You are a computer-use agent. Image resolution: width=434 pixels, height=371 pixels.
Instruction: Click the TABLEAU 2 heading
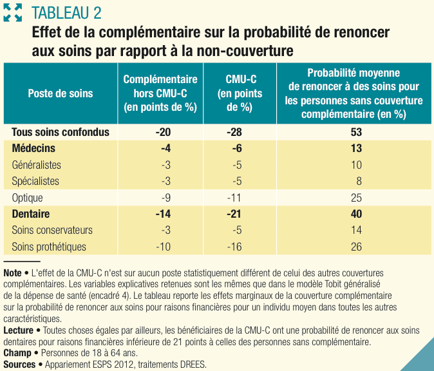point(66,13)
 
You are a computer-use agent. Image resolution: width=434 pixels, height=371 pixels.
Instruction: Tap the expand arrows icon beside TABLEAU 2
point(13,13)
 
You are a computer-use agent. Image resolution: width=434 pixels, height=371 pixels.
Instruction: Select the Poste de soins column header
point(61,93)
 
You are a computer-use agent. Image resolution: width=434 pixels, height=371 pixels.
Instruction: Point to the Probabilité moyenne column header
point(354,93)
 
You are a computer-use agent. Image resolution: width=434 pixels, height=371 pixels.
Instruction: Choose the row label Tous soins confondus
point(61,132)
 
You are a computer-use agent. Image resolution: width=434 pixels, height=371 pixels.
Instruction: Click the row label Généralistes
point(37,165)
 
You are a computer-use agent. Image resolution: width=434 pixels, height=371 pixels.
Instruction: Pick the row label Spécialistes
point(35,181)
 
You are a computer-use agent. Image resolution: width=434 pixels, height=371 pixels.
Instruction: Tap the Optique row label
point(28,198)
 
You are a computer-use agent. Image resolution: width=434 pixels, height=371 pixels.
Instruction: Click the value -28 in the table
point(235,132)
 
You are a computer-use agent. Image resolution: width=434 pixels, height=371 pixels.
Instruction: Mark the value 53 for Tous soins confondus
point(357,132)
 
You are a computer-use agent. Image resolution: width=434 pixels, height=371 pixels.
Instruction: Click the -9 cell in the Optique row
point(165,198)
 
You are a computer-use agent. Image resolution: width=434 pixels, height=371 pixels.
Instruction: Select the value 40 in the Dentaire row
point(357,214)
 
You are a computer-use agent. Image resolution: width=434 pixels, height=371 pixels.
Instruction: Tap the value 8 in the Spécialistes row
point(359,181)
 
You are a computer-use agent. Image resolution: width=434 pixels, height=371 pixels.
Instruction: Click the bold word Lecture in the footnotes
point(18,330)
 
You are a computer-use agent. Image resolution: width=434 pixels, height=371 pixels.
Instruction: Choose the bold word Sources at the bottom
point(19,364)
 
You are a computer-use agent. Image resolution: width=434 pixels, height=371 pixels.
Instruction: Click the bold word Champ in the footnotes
point(17,353)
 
